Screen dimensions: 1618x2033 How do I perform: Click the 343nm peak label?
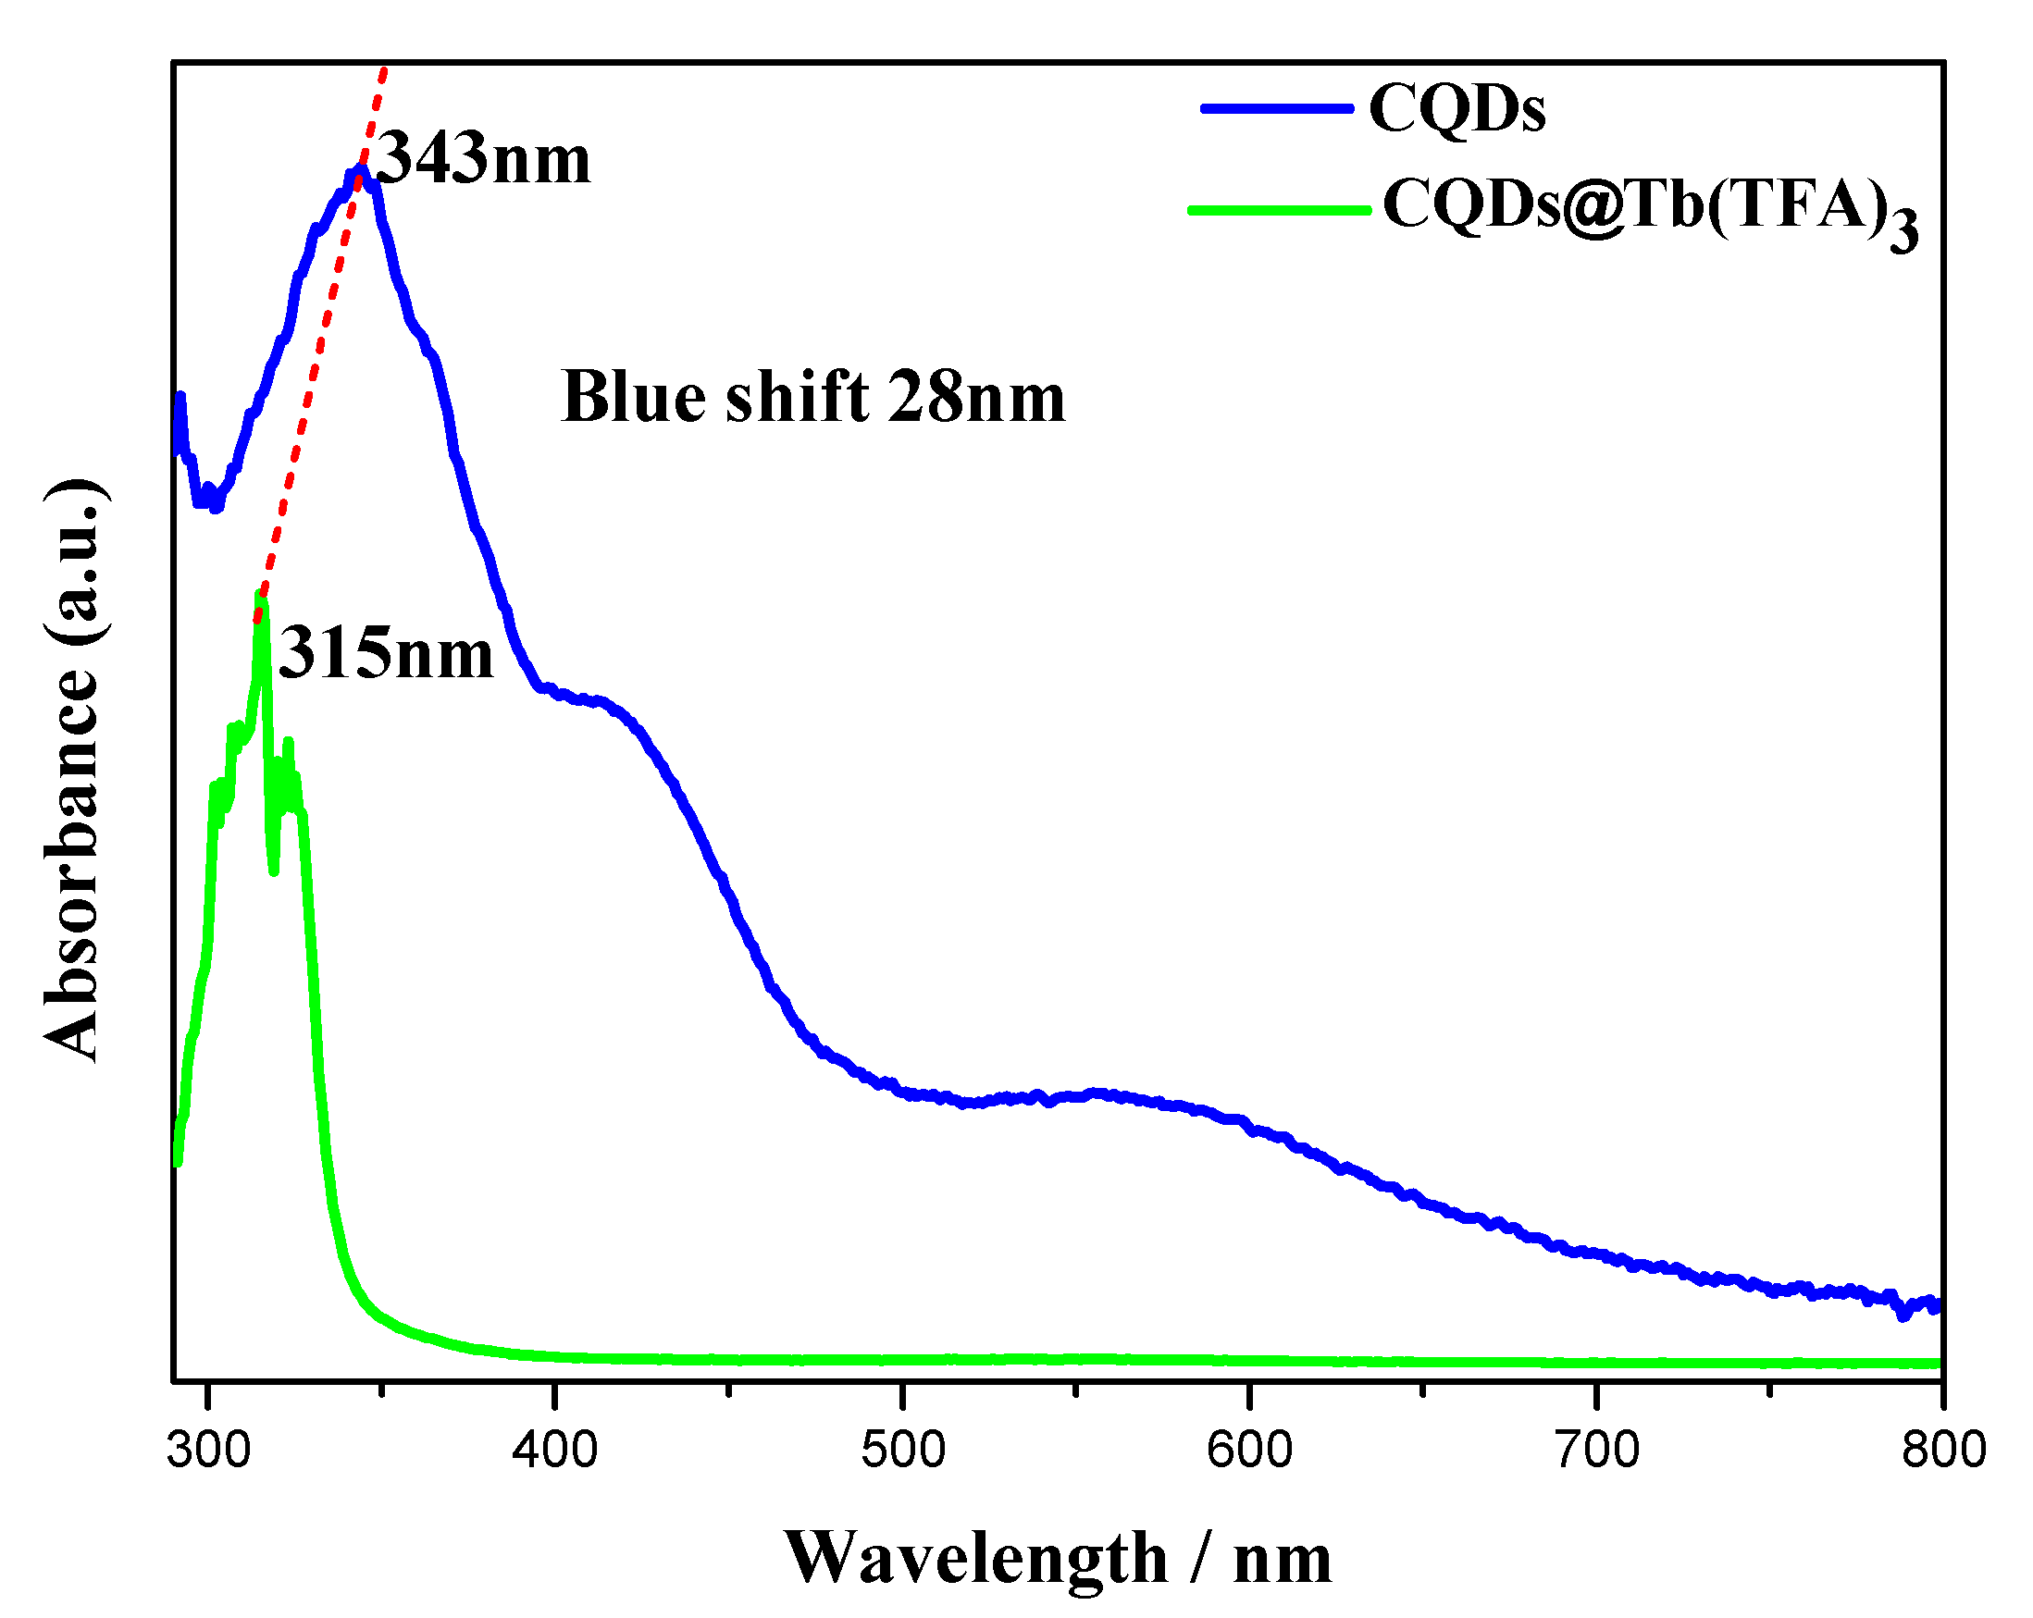484,157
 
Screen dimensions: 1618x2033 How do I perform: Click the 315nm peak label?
386,652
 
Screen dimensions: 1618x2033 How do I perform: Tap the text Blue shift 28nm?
812,397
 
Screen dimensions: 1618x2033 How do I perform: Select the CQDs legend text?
1457,108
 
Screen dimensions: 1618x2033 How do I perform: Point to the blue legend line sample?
1278,108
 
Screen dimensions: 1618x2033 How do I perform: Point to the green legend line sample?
1280,209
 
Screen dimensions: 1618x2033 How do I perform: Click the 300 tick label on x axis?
208,1451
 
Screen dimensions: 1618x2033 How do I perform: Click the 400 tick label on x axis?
555,1451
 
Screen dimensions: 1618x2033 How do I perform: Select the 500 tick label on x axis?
902,1451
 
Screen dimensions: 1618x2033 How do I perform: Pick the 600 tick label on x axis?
1249,1451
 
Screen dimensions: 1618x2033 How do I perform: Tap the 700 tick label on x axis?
1596,1451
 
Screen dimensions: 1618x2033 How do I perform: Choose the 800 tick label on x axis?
1943,1451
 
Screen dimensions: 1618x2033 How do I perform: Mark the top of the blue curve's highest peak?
358,169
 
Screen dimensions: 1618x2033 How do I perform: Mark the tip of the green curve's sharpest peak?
261,597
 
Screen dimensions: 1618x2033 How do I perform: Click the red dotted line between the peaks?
311,377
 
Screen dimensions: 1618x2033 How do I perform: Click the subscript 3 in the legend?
1903,232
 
